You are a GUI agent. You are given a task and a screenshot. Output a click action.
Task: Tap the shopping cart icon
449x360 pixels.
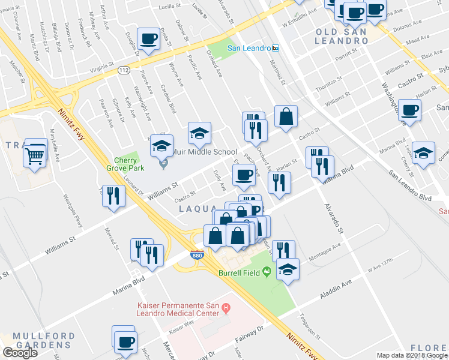(35, 157)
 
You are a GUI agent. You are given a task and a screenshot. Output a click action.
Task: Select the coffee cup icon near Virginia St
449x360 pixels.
(148, 39)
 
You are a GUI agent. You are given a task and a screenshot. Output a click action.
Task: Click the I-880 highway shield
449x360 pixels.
(197, 255)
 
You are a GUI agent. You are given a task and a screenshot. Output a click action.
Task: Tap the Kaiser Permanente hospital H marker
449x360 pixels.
(226, 309)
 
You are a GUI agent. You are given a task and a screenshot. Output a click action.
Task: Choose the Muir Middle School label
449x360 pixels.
(204, 152)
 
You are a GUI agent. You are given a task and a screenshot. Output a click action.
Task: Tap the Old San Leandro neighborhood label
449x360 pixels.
(341, 35)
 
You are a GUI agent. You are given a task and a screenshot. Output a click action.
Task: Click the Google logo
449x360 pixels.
(20, 353)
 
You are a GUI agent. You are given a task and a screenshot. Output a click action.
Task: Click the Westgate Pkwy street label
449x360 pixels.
(71, 206)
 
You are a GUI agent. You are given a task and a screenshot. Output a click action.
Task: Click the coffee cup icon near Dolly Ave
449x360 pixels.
(244, 175)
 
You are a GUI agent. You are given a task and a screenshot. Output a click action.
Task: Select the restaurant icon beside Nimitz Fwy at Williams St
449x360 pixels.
(112, 194)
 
